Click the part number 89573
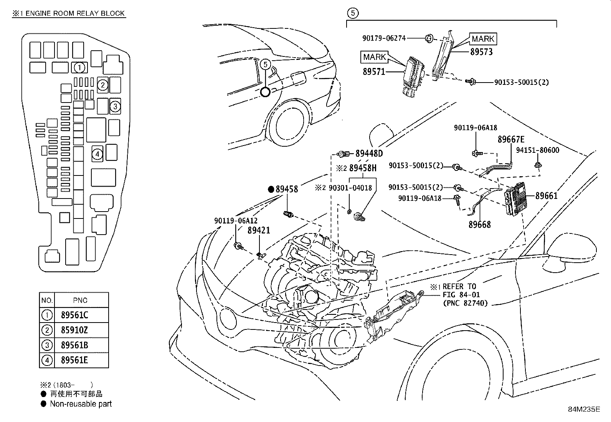[x=481, y=51]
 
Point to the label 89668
[x=479, y=224]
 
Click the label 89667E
[x=511, y=139]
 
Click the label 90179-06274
[x=384, y=38]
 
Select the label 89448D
[x=369, y=154]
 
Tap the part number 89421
[x=259, y=230]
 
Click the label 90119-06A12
[x=236, y=221]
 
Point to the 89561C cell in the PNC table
[x=74, y=315]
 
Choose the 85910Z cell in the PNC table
[x=74, y=330]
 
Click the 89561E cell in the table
[x=74, y=360]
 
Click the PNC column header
[x=80, y=300]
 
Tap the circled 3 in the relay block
[x=115, y=106]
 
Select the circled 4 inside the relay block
[x=97, y=154]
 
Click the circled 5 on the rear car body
[x=266, y=65]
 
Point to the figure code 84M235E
[x=584, y=409]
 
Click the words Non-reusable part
[x=81, y=404]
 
